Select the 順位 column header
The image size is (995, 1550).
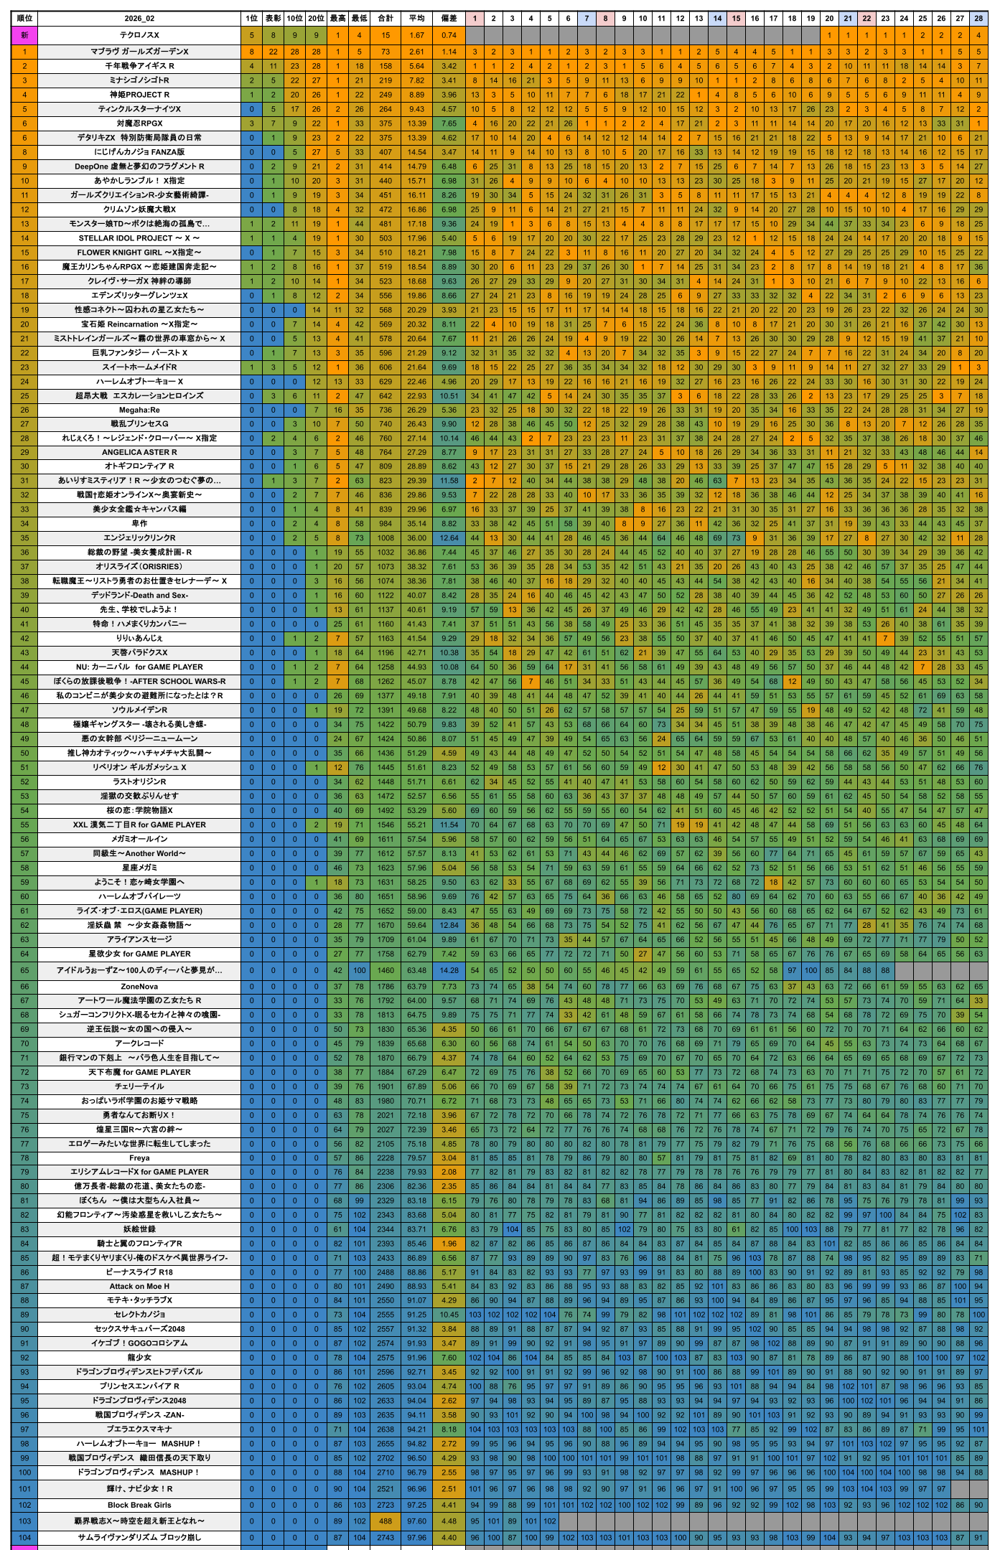click(24, 18)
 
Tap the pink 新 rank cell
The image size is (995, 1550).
click(24, 35)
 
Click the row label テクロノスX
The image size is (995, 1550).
click(139, 35)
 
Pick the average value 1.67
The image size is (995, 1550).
click(416, 35)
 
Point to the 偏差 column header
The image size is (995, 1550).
click(449, 18)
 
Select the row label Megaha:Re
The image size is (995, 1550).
click(139, 410)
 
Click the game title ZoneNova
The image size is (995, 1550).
click(139, 987)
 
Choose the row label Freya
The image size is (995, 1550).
click(139, 1158)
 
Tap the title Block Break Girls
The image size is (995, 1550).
click(139, 1505)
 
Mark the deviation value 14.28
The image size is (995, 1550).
click(449, 970)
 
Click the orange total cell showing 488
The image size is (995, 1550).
click(386, 1521)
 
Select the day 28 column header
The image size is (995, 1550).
click(978, 18)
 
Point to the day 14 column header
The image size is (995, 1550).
click(717, 18)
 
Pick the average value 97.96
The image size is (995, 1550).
click(416, 1537)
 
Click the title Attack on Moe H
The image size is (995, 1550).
click(139, 1286)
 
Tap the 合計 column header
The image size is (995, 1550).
click(386, 18)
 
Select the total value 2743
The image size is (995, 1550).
click(386, 1537)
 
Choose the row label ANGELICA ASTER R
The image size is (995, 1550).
click(139, 452)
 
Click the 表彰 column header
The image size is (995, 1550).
click(273, 18)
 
